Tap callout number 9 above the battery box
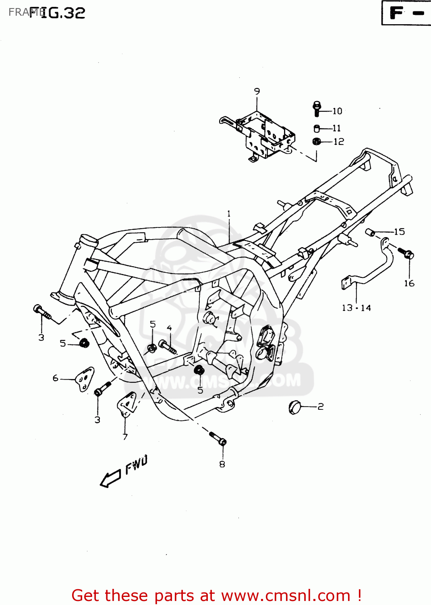coord(257,92)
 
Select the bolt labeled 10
coord(317,108)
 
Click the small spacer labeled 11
coord(317,129)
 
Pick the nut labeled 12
coord(317,142)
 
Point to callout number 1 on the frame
coord(229,214)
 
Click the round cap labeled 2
coord(295,407)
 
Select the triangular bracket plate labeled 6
coord(84,379)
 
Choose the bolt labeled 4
coord(167,346)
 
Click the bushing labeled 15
coord(370,232)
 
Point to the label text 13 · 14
coord(356,308)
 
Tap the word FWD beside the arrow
coord(136,464)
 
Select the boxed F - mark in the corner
coord(406,13)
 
